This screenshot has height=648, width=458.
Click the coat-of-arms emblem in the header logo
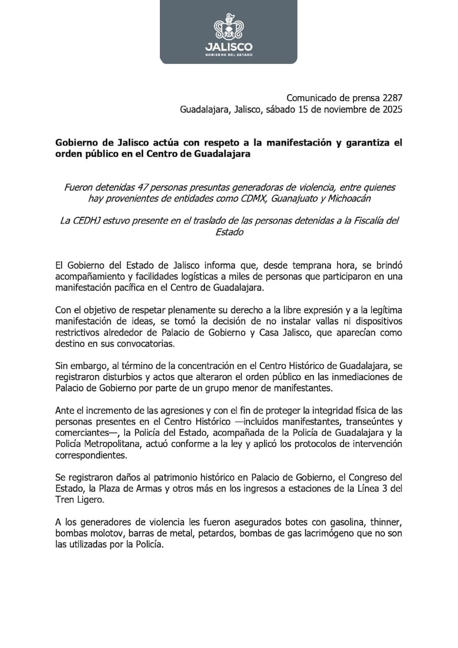(x=228, y=27)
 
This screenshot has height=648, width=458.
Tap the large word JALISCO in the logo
(x=228, y=46)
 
